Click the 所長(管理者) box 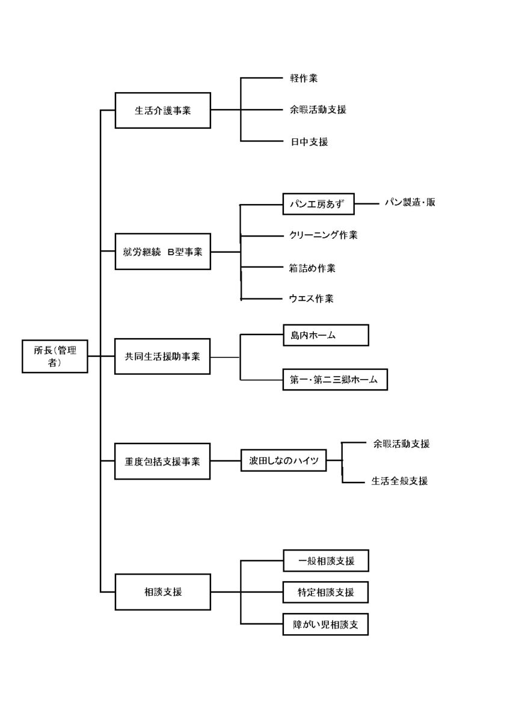(55, 356)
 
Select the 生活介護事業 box (162, 110)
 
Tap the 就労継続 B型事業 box (162, 252)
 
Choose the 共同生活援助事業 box (162, 356)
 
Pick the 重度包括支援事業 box (162, 461)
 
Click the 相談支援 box (162, 592)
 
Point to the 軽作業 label (303, 78)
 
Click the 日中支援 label (308, 142)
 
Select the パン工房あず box (319, 203)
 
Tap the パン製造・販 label (410, 203)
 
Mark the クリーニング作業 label (323, 235)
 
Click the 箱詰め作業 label (312, 268)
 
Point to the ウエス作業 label (311, 298)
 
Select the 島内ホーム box (325, 335)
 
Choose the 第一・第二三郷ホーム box (335, 380)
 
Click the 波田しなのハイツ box (283, 461)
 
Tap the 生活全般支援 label (399, 481)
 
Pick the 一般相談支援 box (325, 561)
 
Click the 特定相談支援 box (325, 592)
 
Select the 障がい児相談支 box (325, 625)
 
